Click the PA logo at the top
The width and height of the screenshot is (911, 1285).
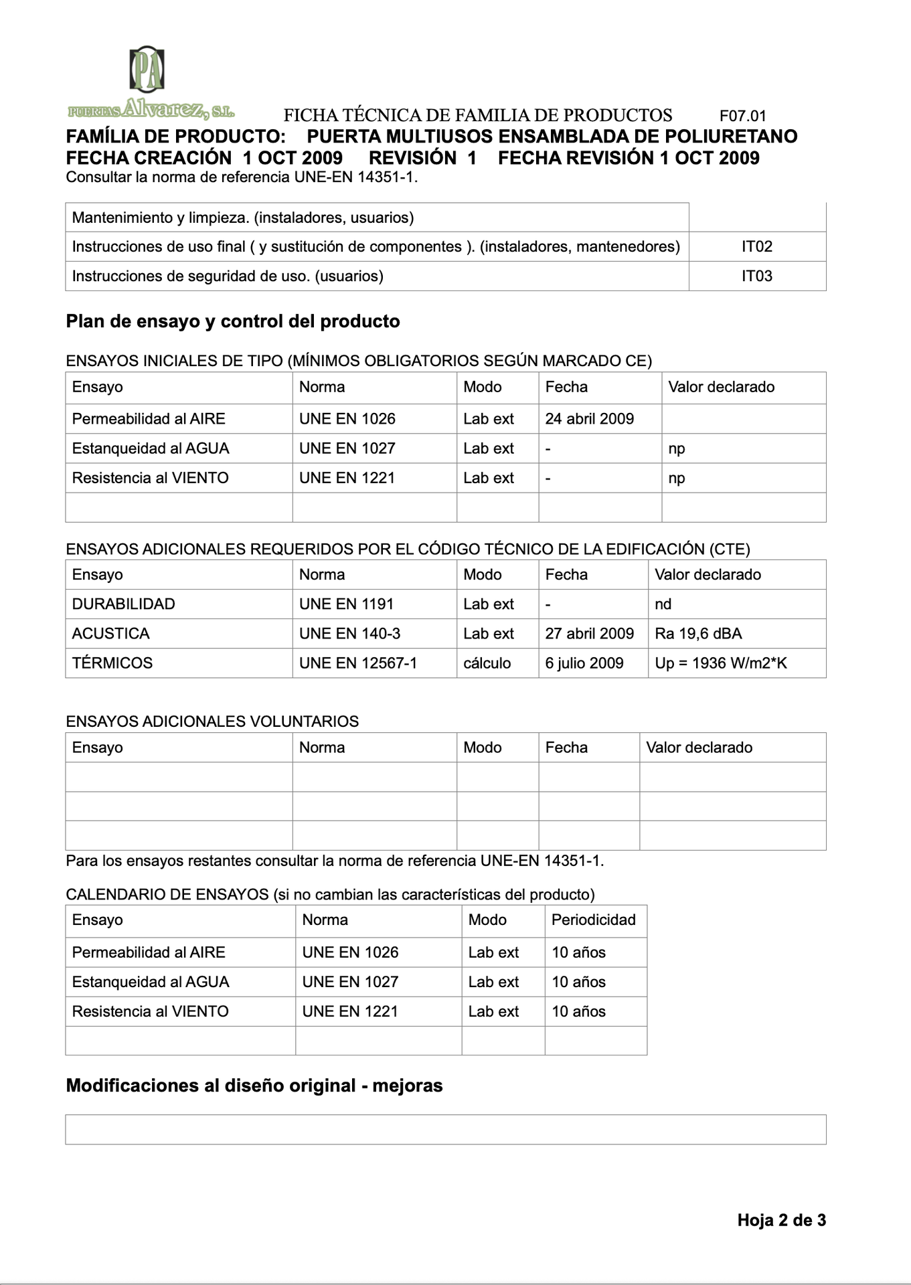tap(147, 70)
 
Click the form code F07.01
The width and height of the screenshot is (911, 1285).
tap(742, 116)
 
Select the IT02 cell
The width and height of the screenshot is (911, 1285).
tap(756, 247)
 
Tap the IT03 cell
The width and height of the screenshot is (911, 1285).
tap(756, 276)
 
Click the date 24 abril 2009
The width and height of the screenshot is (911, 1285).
tap(589, 419)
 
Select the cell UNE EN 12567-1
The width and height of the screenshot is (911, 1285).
tap(357, 663)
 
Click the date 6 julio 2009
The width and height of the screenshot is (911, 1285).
tap(584, 663)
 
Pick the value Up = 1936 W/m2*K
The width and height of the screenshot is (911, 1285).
tap(720, 663)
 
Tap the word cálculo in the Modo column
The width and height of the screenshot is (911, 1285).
tap(487, 663)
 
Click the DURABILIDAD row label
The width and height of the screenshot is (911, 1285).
tap(123, 604)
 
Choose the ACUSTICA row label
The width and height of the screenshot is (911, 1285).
tap(110, 634)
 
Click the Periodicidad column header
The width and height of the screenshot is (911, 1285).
tap(593, 920)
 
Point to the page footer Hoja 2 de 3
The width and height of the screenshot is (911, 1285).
tap(781, 1220)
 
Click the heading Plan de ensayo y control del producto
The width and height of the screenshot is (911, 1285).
tap(232, 322)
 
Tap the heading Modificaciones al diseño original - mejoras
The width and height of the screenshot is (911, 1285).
tap(254, 1086)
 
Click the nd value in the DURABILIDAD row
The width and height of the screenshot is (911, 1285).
tap(663, 604)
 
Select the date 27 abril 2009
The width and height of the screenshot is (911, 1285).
tap(589, 634)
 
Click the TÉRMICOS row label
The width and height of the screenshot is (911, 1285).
tap(112, 663)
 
